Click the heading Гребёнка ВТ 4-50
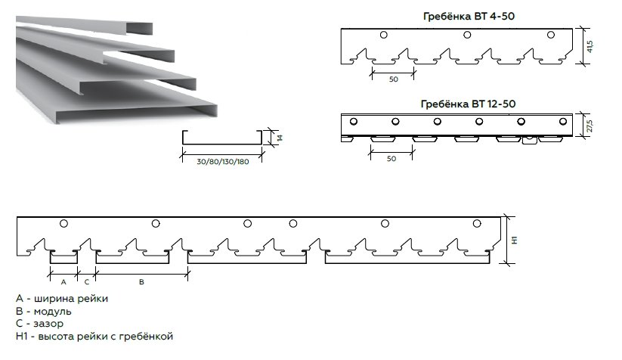[469, 17]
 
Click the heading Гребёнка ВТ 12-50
[468, 104]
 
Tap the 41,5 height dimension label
[590, 46]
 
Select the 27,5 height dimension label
[590, 126]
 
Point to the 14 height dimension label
[280, 138]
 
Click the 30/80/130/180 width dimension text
[222, 162]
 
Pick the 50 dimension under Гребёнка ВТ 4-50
[393, 79]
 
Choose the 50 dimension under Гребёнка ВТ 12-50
[391, 159]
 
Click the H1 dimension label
[515, 241]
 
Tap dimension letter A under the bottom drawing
[63, 282]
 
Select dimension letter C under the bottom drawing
[87, 282]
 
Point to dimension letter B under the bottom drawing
[141, 282]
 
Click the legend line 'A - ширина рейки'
[62, 299]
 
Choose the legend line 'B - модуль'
[44, 311]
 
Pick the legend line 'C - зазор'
[39, 324]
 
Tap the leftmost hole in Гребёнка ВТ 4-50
[384, 35]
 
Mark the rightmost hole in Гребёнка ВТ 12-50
[563, 122]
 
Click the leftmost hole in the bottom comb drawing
[63, 223]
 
